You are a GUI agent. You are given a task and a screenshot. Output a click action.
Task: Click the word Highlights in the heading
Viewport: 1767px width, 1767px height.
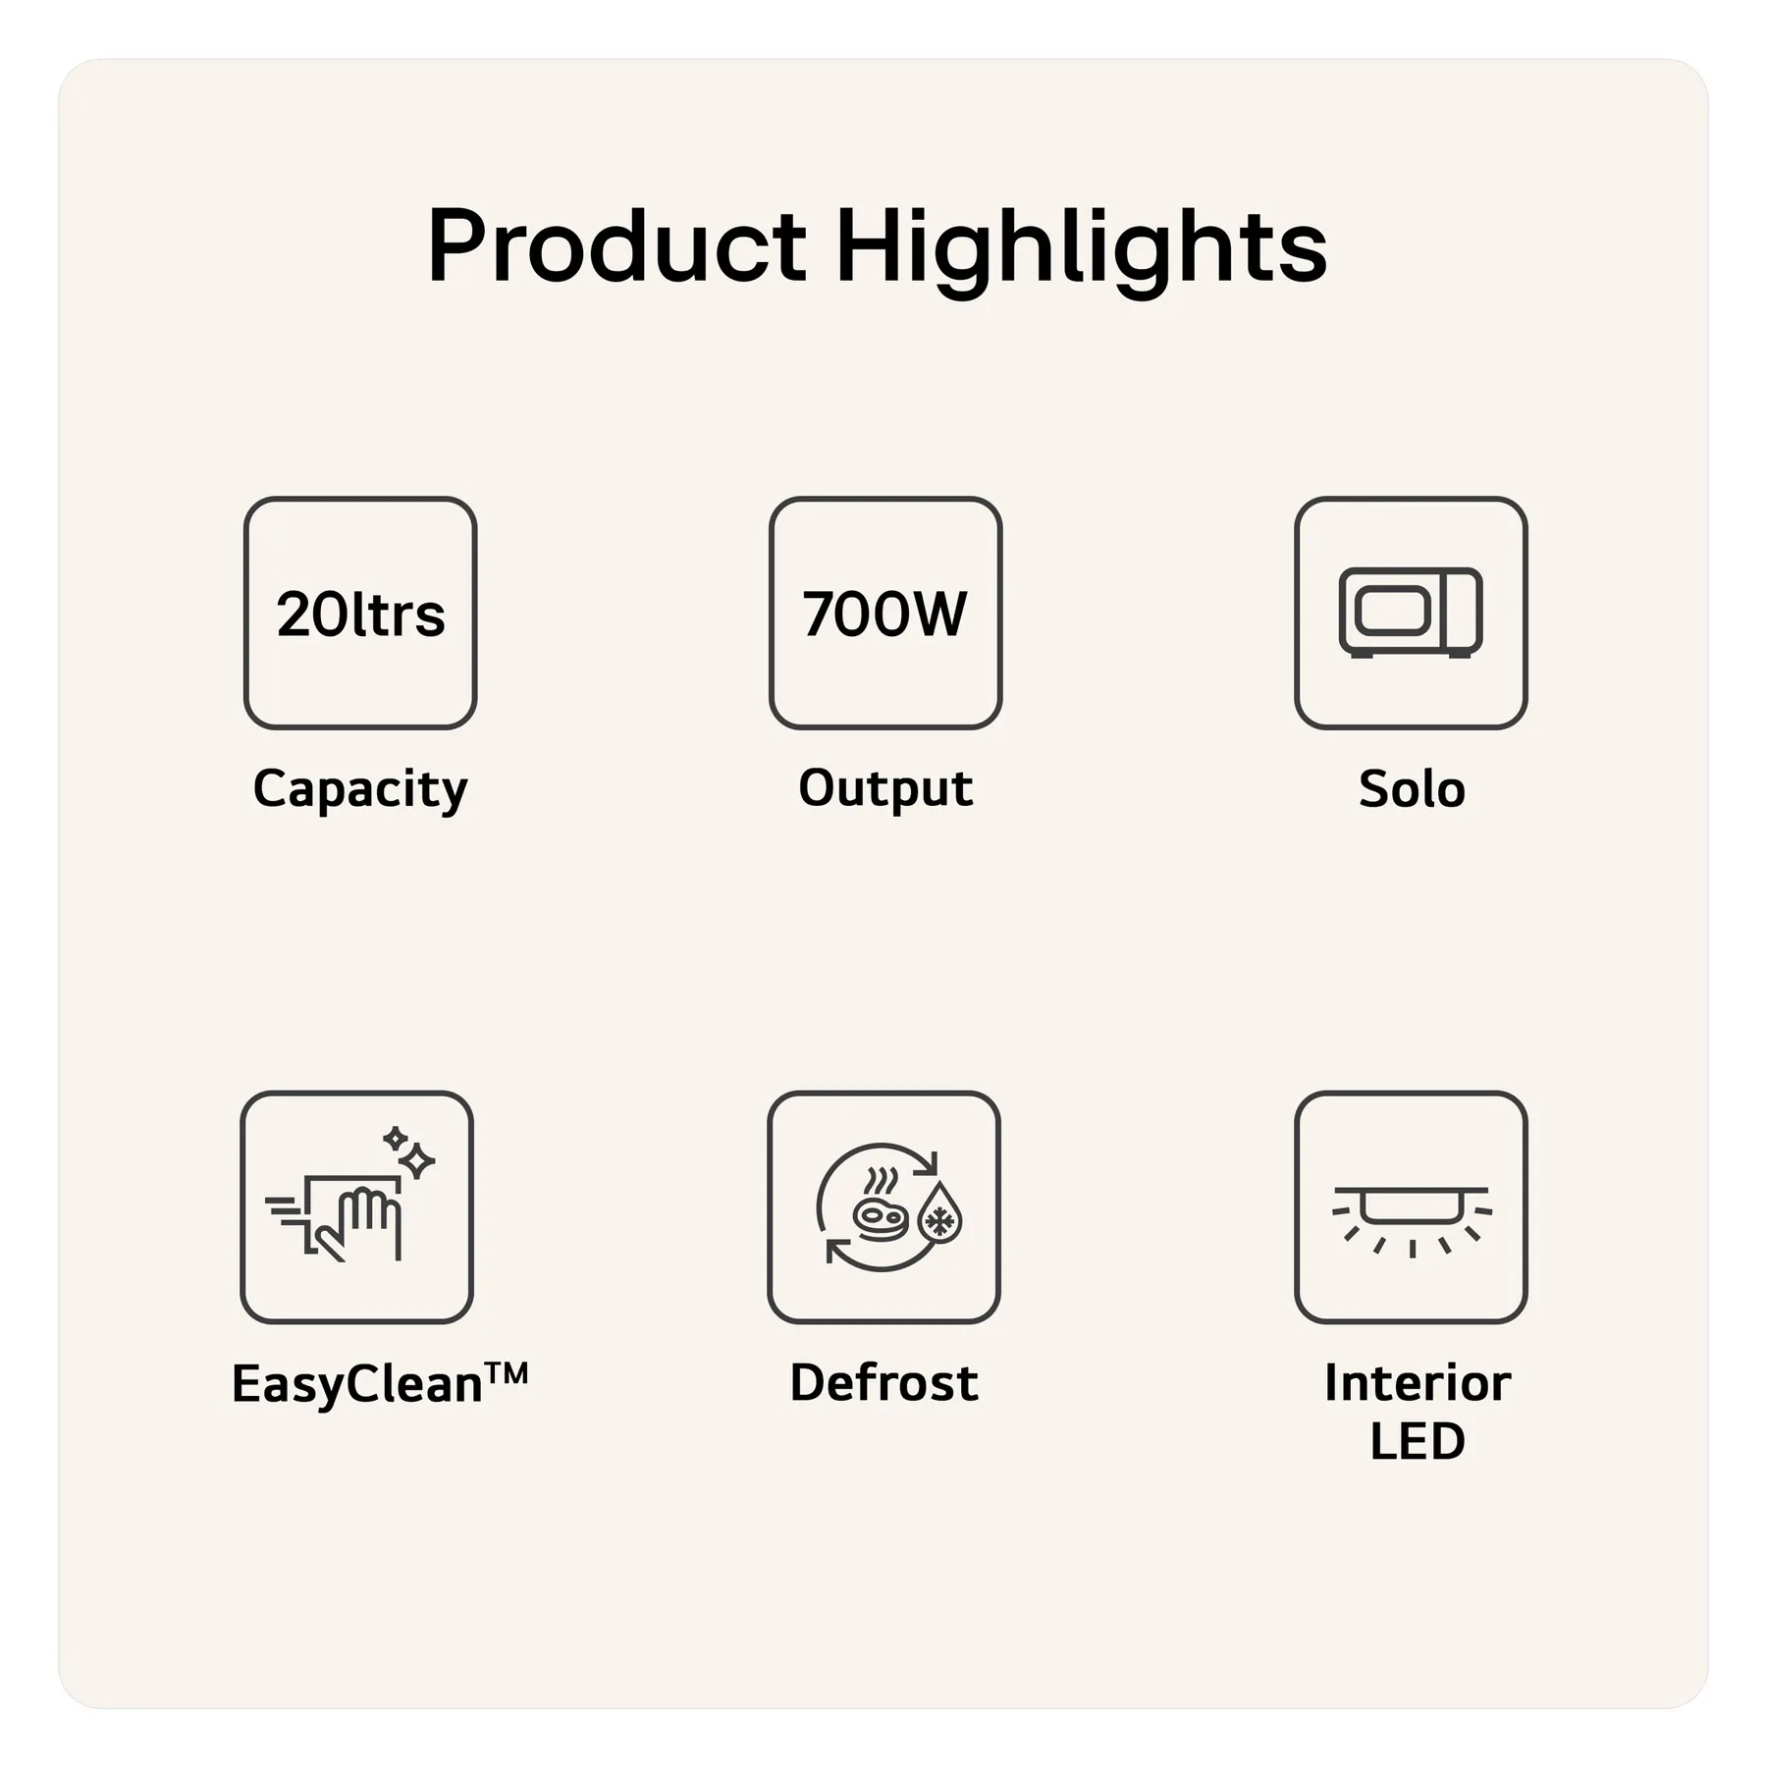coord(1080,251)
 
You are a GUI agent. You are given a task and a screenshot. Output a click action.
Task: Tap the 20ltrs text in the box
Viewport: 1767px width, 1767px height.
coord(360,615)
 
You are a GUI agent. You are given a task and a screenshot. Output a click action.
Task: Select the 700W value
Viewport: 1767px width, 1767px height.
coord(884,614)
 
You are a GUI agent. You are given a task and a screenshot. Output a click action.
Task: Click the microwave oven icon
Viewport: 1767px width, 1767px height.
coord(1411,613)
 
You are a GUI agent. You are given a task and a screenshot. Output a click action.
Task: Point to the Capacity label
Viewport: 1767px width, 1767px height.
coord(360,789)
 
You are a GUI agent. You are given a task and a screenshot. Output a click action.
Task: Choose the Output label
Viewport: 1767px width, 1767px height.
coord(885,788)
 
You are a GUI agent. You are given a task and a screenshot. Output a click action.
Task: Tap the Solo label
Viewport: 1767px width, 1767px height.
coord(1412,788)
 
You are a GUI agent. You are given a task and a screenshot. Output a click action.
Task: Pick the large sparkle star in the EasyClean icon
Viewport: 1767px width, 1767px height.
coord(417,1161)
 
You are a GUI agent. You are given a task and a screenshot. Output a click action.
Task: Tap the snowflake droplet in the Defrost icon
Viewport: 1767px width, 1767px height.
coord(939,1214)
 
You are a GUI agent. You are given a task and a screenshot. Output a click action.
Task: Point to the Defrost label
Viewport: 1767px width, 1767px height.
coord(884,1382)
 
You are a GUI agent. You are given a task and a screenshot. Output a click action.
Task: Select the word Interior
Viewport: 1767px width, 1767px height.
coord(1418,1382)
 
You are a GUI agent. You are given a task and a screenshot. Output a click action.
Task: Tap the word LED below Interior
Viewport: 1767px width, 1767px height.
coord(1418,1441)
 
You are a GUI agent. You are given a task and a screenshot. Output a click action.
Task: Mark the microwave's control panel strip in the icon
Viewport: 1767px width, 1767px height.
coord(1464,611)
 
